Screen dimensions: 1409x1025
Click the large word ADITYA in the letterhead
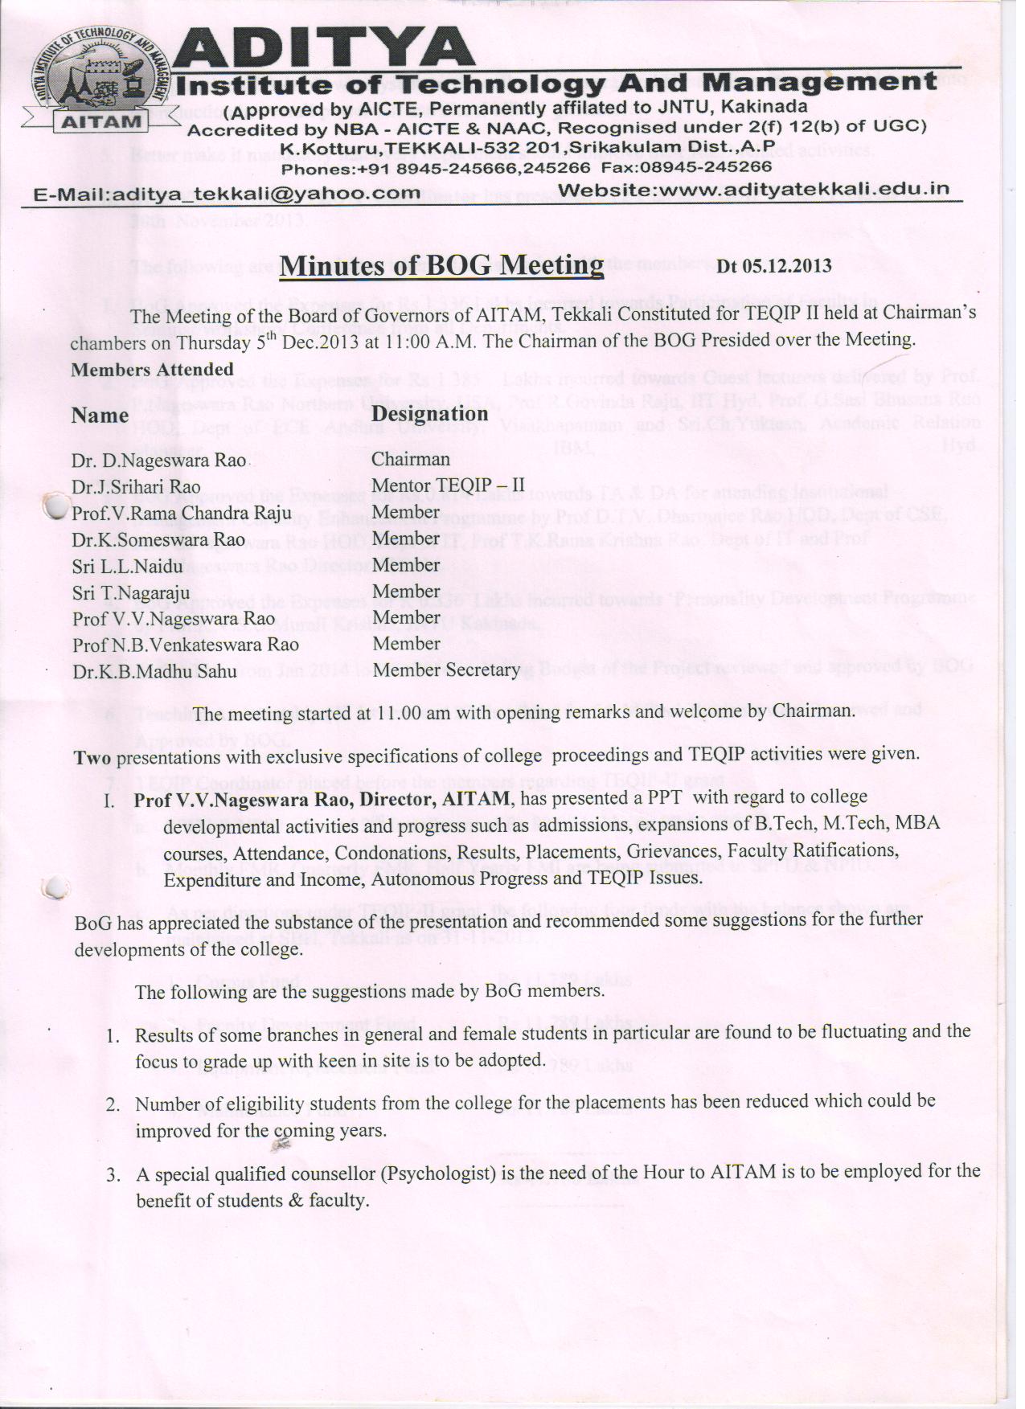(322, 50)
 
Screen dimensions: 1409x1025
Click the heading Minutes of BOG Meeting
(441, 265)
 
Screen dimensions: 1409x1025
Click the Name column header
(100, 416)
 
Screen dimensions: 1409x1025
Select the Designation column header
(430, 414)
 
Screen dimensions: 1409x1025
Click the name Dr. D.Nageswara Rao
(158, 461)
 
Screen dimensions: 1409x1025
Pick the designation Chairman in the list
(411, 460)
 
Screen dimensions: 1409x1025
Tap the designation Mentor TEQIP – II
(448, 485)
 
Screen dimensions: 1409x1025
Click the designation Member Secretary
(446, 670)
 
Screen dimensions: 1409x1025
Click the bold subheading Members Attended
(152, 370)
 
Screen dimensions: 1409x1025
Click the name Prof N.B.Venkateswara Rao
(185, 645)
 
